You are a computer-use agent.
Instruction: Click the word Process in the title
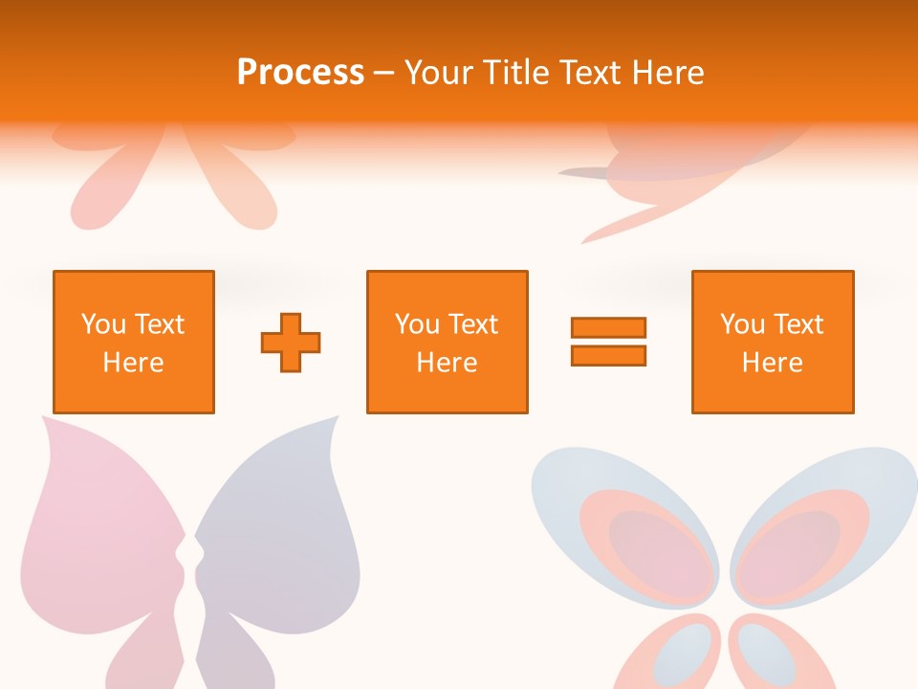pyautogui.click(x=300, y=73)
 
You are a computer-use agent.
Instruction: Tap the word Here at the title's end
pyautogui.click(x=667, y=73)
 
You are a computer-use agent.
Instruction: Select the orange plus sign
pyautogui.click(x=291, y=342)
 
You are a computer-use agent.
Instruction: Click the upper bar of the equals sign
pyautogui.click(x=608, y=327)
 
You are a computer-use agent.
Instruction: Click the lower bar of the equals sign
pyautogui.click(x=608, y=355)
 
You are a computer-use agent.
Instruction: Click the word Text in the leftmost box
pyautogui.click(x=159, y=324)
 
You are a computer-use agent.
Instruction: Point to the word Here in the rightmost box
pyautogui.click(x=772, y=363)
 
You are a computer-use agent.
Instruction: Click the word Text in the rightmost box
pyautogui.click(x=798, y=324)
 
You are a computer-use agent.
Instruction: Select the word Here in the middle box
pyautogui.click(x=447, y=363)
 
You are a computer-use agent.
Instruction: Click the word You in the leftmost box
pyautogui.click(x=103, y=324)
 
